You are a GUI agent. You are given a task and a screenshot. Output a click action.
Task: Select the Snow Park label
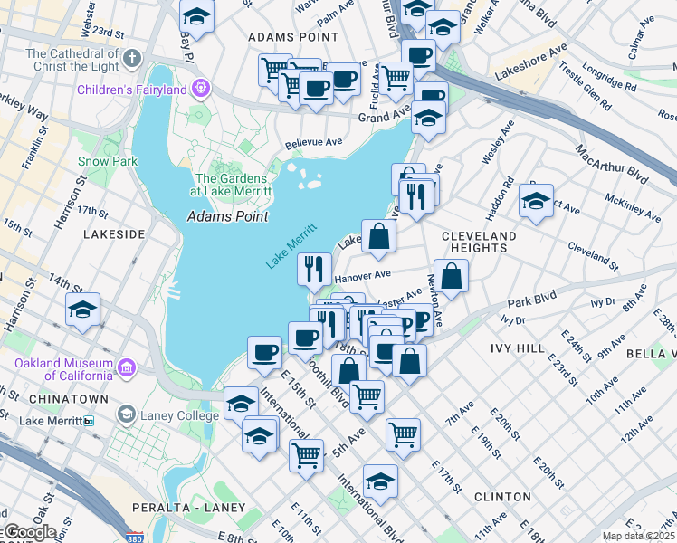point(107,161)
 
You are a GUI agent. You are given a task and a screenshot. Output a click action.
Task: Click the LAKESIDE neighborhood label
point(113,233)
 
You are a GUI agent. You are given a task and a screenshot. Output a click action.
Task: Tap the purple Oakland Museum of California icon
point(127,367)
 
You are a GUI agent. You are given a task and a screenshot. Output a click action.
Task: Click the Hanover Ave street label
point(362,274)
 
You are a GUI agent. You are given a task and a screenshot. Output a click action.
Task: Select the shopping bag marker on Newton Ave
point(453,275)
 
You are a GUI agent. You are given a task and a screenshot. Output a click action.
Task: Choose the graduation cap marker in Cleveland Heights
point(536,200)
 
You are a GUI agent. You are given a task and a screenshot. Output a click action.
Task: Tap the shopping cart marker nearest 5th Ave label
point(367,395)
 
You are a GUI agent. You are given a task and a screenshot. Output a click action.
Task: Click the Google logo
point(30,532)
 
